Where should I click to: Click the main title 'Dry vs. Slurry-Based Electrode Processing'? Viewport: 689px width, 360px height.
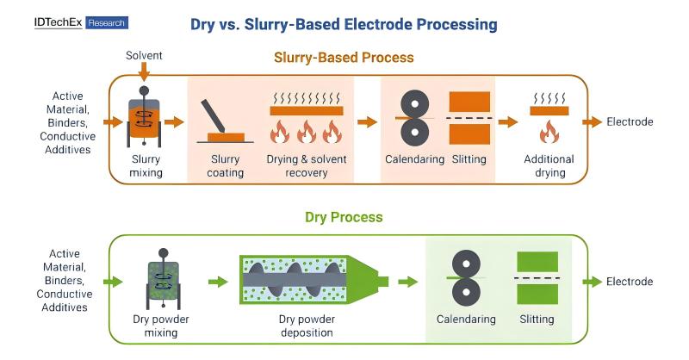click(344, 24)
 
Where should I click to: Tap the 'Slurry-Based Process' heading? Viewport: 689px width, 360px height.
click(344, 58)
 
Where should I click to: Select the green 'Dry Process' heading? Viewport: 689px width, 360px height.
click(344, 217)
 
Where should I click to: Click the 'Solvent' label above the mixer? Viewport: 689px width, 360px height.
click(144, 56)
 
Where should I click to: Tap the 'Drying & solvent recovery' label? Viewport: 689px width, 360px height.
click(306, 165)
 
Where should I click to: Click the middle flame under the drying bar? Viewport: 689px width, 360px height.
click(306, 132)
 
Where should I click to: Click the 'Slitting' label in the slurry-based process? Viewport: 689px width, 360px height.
click(469, 159)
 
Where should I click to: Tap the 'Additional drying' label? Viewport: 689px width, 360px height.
click(549, 165)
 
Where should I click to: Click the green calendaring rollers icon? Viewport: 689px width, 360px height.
click(466, 278)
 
